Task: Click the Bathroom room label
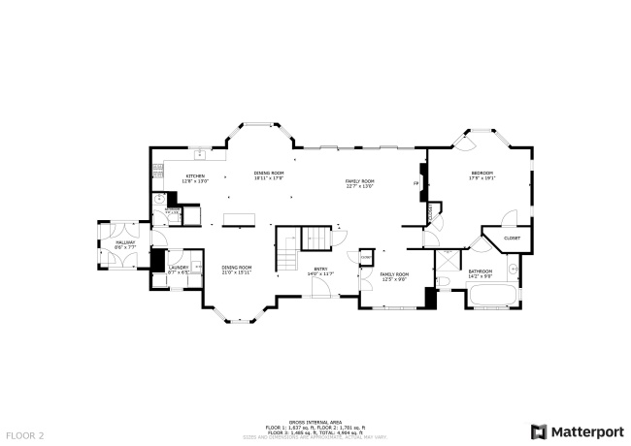tap(481, 272)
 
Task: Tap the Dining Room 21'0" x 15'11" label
tap(236, 270)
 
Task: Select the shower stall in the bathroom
tap(448, 259)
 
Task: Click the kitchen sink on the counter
tap(199, 153)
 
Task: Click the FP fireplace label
tap(416, 182)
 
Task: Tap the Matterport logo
tap(577, 430)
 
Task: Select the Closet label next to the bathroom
tap(512, 238)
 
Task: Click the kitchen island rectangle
tap(236, 219)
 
